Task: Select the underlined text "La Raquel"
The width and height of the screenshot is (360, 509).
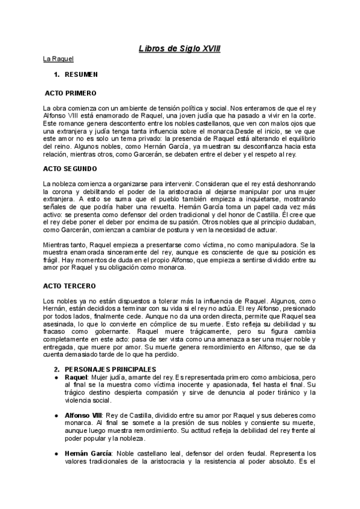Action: point(58,59)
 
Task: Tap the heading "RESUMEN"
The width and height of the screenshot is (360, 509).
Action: point(81,75)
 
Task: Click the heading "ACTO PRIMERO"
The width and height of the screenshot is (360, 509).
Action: point(70,94)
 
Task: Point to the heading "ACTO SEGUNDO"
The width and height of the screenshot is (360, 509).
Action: point(70,169)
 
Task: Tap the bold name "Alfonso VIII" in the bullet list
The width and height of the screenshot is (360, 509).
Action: point(83,415)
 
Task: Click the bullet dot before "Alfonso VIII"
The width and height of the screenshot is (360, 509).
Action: point(57,415)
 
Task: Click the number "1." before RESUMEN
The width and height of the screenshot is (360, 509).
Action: point(57,75)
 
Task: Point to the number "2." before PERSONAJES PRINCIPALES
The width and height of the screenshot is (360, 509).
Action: point(57,369)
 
